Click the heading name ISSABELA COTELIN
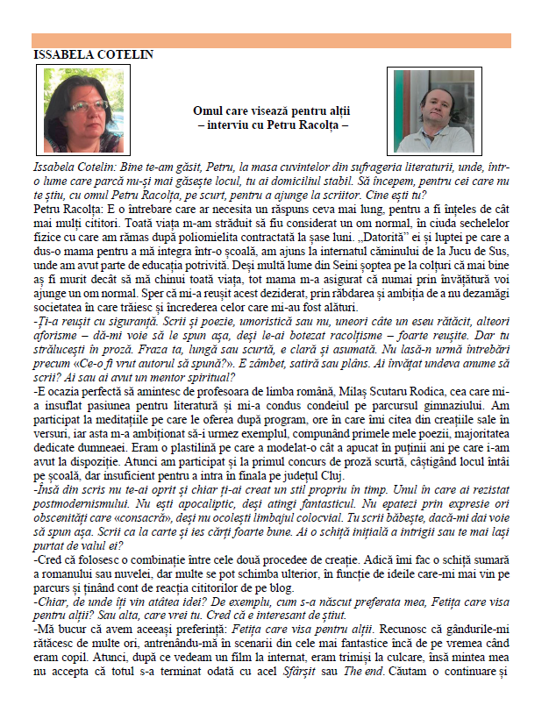[92, 54]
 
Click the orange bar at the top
[271, 40]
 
